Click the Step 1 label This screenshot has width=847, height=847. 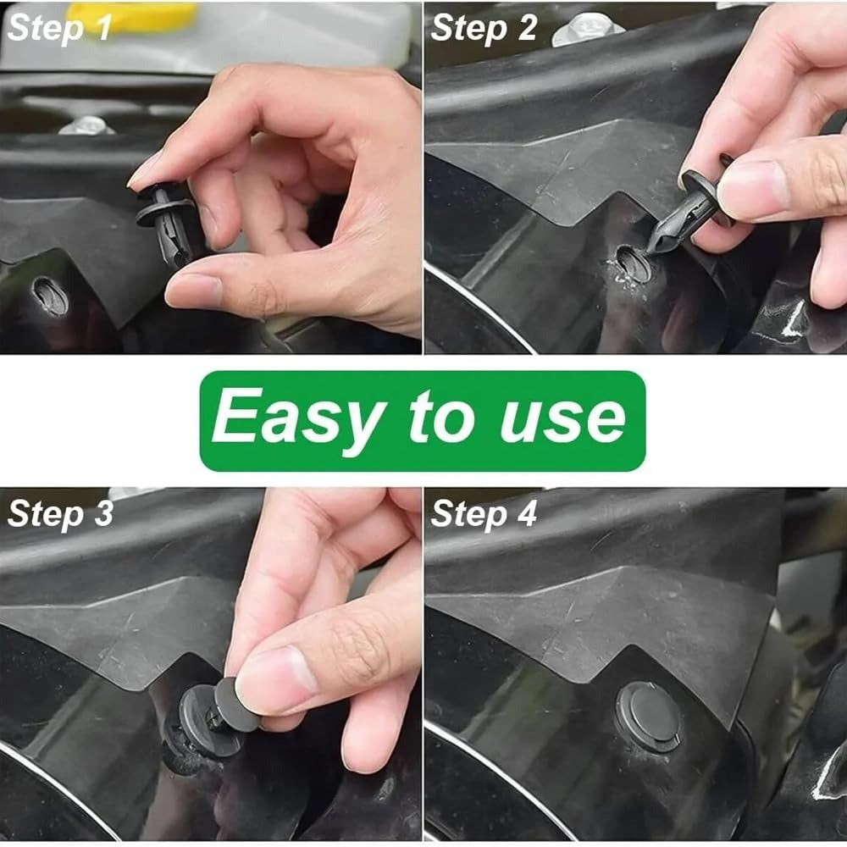point(59,28)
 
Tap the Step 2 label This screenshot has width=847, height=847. point(484,28)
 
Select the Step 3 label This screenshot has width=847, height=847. point(60,514)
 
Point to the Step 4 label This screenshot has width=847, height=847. point(484,514)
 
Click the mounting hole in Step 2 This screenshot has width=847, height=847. point(633,264)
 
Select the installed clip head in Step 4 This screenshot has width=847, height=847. point(648,716)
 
